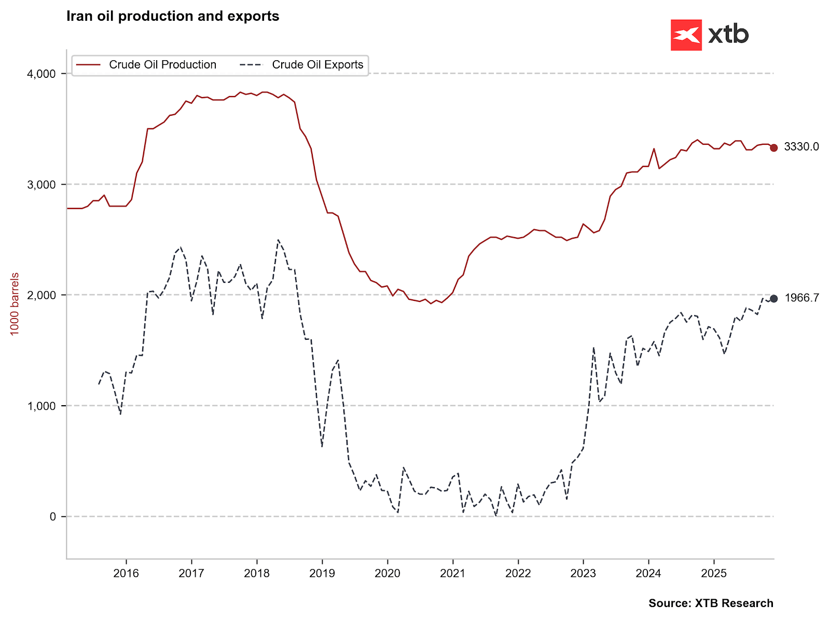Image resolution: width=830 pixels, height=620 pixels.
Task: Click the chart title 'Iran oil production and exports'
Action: [173, 17]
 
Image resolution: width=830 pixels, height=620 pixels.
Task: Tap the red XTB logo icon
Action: [686, 35]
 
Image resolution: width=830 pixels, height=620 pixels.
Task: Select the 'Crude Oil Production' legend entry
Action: [162, 65]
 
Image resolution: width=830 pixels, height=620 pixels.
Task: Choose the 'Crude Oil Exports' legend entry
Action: [317, 65]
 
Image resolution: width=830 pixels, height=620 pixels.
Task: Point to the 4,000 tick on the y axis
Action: [41, 74]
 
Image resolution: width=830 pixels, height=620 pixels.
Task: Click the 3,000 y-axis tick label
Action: [41, 185]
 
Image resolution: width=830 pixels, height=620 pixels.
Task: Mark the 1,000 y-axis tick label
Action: [41, 406]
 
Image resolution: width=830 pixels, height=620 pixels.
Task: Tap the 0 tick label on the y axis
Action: [52, 517]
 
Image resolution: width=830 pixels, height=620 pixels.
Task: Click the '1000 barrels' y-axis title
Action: [15, 304]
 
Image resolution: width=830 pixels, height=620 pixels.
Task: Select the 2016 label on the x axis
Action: [126, 573]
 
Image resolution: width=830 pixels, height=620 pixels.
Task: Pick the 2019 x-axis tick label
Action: [322, 573]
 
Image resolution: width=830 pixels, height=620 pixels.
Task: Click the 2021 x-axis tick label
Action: [452, 573]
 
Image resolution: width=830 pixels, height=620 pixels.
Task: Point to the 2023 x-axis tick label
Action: [583, 573]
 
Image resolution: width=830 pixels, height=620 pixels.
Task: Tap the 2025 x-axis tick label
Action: [714, 573]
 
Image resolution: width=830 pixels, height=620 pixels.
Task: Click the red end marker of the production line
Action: [773, 148]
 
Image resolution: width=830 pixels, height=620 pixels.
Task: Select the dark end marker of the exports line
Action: [773, 298]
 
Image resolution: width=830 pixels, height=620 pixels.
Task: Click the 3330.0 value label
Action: [801, 147]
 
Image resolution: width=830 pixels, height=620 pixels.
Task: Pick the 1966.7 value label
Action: [801, 298]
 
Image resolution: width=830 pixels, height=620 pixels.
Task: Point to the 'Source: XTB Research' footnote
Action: [711, 603]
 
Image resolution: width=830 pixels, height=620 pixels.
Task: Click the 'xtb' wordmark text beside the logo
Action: [728, 35]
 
